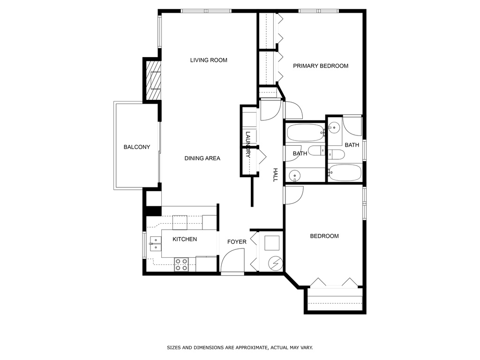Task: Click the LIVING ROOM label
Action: click(209, 60)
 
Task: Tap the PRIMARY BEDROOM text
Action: click(321, 66)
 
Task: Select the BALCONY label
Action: click(137, 147)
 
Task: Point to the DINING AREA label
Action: click(202, 158)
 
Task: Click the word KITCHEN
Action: click(185, 240)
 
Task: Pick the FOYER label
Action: click(237, 242)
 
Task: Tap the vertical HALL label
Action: click(276, 175)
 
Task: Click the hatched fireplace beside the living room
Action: click(153, 81)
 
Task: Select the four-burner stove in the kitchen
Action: click(181, 264)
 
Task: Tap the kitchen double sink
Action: click(155, 241)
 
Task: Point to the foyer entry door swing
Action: click(233, 260)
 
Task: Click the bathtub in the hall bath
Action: click(305, 133)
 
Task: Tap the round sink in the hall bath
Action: click(294, 175)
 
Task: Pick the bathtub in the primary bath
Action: click(345, 172)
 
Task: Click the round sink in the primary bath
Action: click(334, 127)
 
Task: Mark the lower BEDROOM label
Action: click(324, 236)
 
